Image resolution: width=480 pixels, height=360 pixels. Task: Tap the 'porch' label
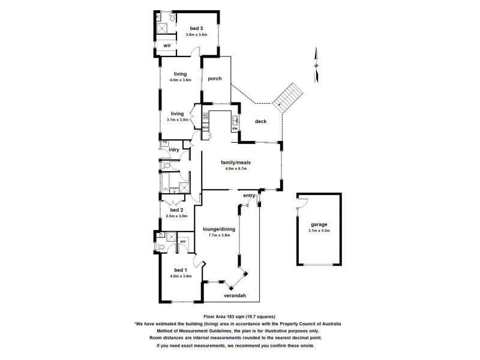(x=215, y=79)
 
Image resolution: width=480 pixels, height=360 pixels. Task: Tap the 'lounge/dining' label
(x=218, y=229)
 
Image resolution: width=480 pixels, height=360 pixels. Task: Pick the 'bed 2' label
(x=176, y=210)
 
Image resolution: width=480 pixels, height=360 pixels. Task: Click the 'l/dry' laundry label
(x=175, y=149)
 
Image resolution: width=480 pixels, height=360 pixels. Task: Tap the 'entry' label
(x=249, y=196)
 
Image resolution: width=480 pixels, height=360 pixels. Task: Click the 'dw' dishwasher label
(x=235, y=128)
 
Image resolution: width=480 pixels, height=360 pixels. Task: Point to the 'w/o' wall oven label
(x=205, y=127)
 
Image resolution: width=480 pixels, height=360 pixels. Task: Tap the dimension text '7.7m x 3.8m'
(x=218, y=235)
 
